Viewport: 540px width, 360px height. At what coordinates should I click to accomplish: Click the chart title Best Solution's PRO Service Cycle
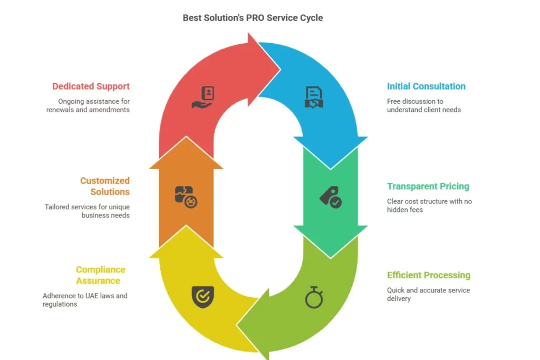[x=253, y=17]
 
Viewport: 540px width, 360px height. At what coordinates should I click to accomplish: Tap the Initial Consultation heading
[x=426, y=86]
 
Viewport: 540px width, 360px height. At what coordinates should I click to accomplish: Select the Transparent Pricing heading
[x=428, y=186]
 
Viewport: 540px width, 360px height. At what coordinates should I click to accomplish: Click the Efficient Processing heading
[x=428, y=275]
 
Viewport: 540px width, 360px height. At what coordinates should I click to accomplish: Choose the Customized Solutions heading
[x=104, y=186]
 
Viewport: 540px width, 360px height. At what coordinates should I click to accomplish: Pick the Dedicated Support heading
[x=91, y=86]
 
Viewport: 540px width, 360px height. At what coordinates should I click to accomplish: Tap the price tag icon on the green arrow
[x=331, y=197]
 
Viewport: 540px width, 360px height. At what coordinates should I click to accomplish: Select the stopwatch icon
[x=314, y=298]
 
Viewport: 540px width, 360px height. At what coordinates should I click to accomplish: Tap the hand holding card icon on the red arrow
[x=202, y=98]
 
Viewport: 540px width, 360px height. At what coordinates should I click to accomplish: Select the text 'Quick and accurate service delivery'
[x=428, y=294]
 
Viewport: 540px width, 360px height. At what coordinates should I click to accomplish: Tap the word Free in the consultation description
[x=395, y=101]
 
